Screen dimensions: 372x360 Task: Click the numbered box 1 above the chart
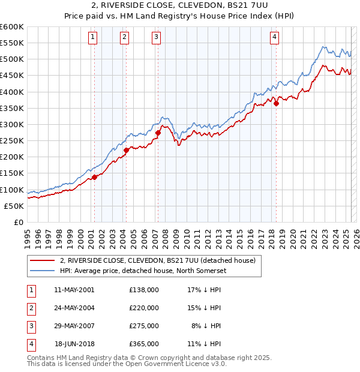[94, 37]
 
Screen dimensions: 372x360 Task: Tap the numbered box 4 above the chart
[274, 37]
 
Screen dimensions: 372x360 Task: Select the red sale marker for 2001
[95, 177]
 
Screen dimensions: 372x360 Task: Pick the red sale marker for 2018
[277, 103]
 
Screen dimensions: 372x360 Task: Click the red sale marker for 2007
[158, 133]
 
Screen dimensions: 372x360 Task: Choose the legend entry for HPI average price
[142, 270]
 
